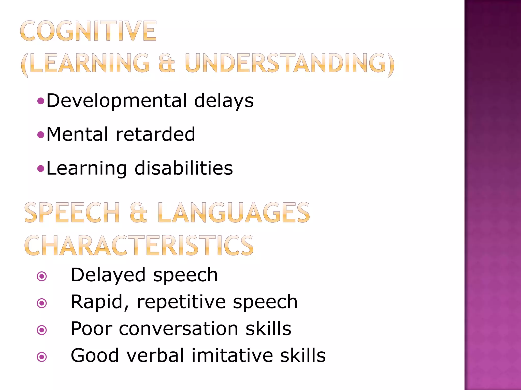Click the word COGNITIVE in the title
[x=88, y=31]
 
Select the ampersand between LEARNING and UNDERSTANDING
[x=167, y=63]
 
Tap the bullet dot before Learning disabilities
[x=41, y=168]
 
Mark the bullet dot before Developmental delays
[x=41, y=101]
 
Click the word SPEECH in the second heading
[x=72, y=213]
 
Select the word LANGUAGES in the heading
[x=234, y=213]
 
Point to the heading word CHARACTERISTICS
[x=139, y=245]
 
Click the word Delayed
[x=108, y=275]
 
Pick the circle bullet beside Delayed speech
[x=42, y=276]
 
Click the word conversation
[x=179, y=329]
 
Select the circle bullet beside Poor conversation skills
[x=42, y=330]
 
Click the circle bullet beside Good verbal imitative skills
[x=42, y=357]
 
